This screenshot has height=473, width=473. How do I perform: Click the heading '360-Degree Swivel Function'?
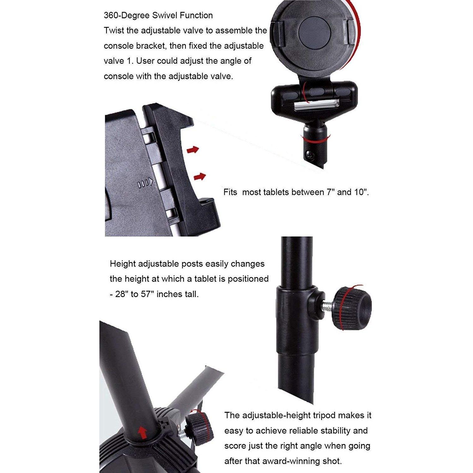tap(158, 15)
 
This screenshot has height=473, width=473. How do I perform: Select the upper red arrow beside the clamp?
tap(193, 150)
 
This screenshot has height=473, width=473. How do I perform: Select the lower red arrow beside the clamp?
tap(200, 177)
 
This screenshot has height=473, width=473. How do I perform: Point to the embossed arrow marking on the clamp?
tap(146, 182)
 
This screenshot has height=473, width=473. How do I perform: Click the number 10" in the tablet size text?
tap(360, 192)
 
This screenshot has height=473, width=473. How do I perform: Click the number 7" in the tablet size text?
tap(330, 192)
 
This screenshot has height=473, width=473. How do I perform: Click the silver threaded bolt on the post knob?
tap(329, 306)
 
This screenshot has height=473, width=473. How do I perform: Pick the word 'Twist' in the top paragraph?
tap(114, 31)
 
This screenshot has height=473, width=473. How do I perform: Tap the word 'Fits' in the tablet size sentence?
tap(230, 192)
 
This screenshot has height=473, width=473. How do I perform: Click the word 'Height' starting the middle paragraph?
tap(123, 264)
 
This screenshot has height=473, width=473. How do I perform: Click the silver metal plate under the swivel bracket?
tap(317, 105)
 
